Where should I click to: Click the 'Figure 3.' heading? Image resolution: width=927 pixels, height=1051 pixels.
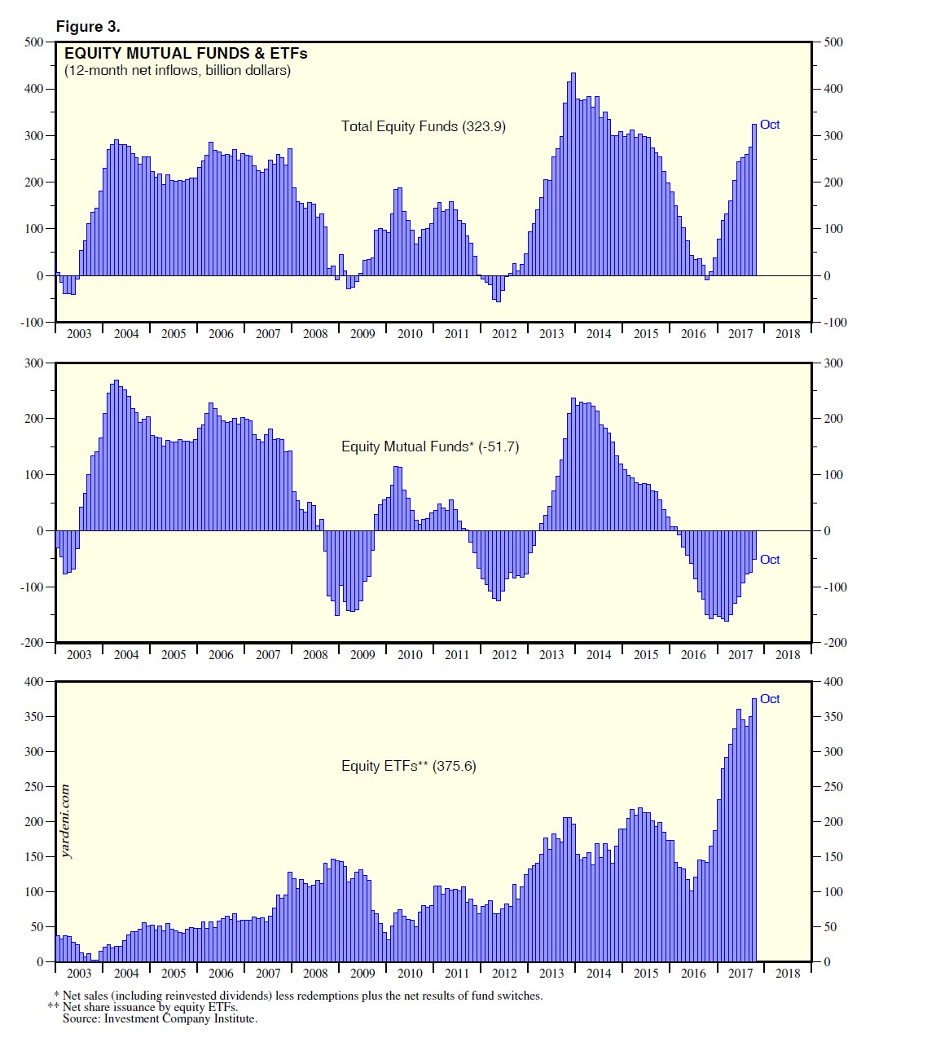[88, 27]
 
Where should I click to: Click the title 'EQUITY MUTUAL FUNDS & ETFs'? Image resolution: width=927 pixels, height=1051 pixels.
[186, 54]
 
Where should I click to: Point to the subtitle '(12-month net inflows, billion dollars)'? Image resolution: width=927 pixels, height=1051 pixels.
[178, 71]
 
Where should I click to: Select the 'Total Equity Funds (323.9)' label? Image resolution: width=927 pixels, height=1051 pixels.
[423, 126]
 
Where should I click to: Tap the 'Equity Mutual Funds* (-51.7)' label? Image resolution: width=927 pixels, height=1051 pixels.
[430, 446]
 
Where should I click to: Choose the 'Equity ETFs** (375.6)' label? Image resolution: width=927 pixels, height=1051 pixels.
[408, 766]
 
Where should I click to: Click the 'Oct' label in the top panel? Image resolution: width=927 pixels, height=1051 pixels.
[770, 125]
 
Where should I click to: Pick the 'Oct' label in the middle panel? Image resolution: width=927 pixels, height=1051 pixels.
[770, 560]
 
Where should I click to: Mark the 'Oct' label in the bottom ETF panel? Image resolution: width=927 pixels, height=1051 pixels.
[770, 699]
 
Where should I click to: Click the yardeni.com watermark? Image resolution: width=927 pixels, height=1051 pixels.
[66, 821]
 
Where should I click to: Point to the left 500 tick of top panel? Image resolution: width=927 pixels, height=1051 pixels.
[33, 42]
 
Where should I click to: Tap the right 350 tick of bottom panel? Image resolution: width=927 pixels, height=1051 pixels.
[833, 717]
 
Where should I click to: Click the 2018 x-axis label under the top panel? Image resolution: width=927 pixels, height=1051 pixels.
[788, 334]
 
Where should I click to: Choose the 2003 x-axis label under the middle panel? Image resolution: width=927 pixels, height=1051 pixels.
[79, 655]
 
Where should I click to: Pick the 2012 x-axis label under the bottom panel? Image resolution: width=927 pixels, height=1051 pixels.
[504, 974]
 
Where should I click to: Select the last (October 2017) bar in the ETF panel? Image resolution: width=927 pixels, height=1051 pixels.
[754, 829]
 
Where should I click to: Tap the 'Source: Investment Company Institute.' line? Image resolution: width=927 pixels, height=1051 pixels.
[160, 1018]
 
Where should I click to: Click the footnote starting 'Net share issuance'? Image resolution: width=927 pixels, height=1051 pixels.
[150, 1007]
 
